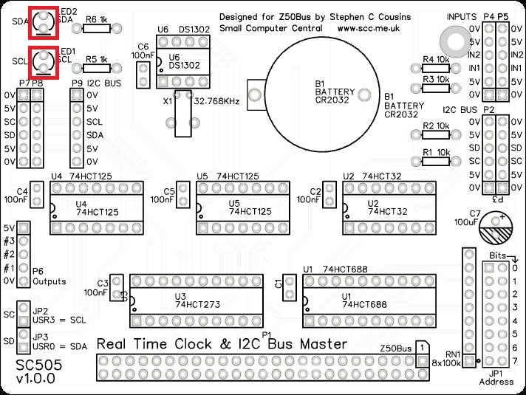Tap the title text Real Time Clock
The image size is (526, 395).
[x=177, y=344]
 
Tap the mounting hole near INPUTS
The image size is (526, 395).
[x=451, y=38]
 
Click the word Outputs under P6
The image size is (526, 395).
[x=49, y=281]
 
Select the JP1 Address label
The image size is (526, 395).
[x=501, y=377]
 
